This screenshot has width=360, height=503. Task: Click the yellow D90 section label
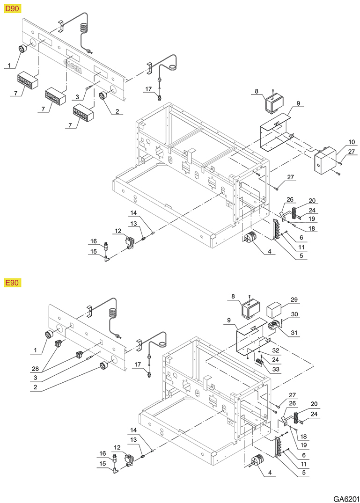10,9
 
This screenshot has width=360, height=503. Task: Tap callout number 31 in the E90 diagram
295,333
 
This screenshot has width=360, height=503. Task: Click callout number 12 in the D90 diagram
118,231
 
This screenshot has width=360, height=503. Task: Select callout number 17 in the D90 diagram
148,88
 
